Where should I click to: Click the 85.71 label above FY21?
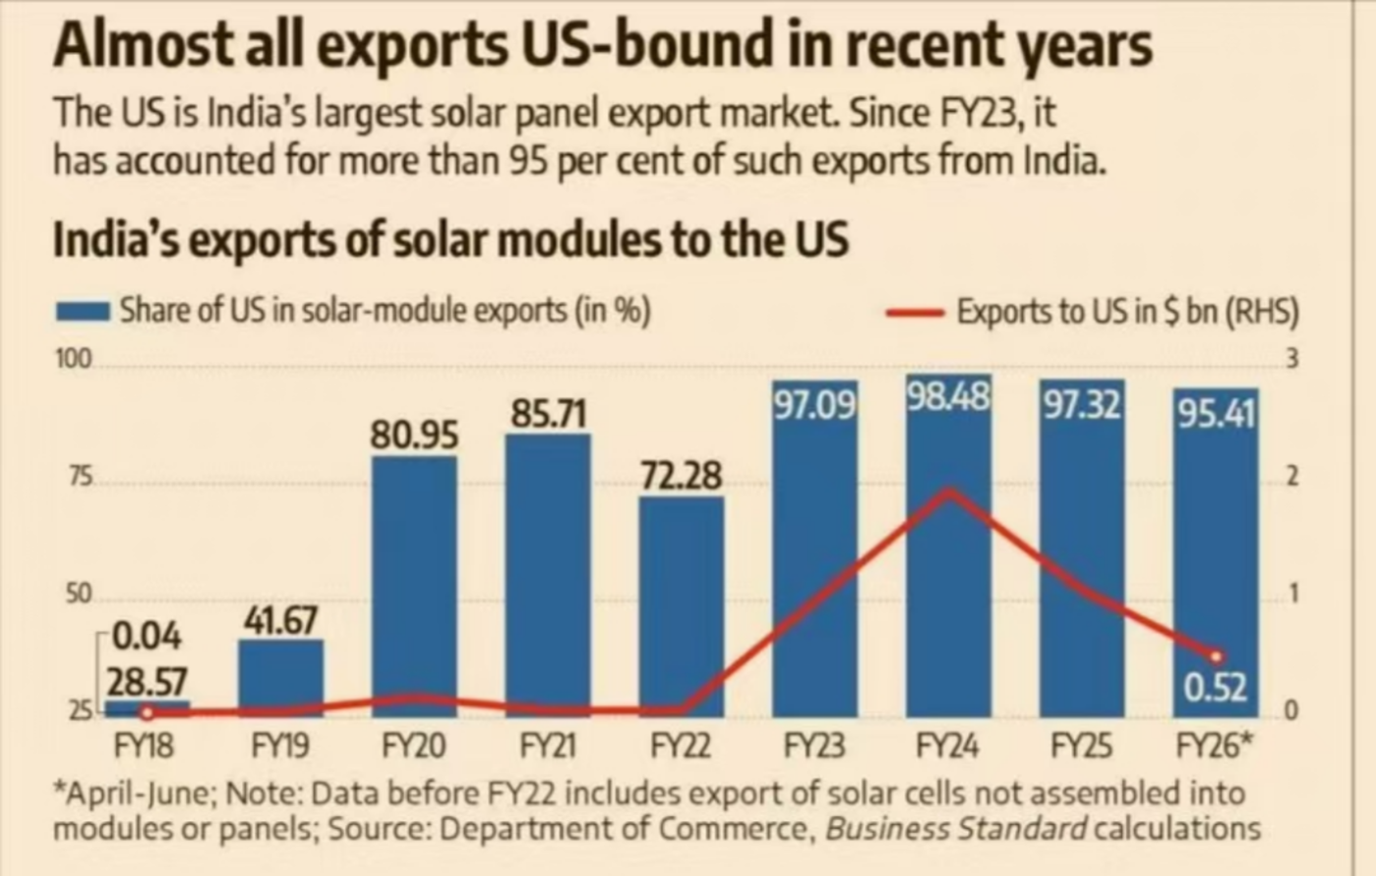[548, 414]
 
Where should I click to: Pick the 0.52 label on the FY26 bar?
[1215, 687]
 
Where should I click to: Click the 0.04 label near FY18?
[147, 637]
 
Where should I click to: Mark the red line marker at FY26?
[1216, 656]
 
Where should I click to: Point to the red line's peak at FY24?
[948, 490]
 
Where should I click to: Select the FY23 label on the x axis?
[813, 746]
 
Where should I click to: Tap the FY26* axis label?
[1215, 746]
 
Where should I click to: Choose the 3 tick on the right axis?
[1292, 359]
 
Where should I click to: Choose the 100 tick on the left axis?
[73, 359]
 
